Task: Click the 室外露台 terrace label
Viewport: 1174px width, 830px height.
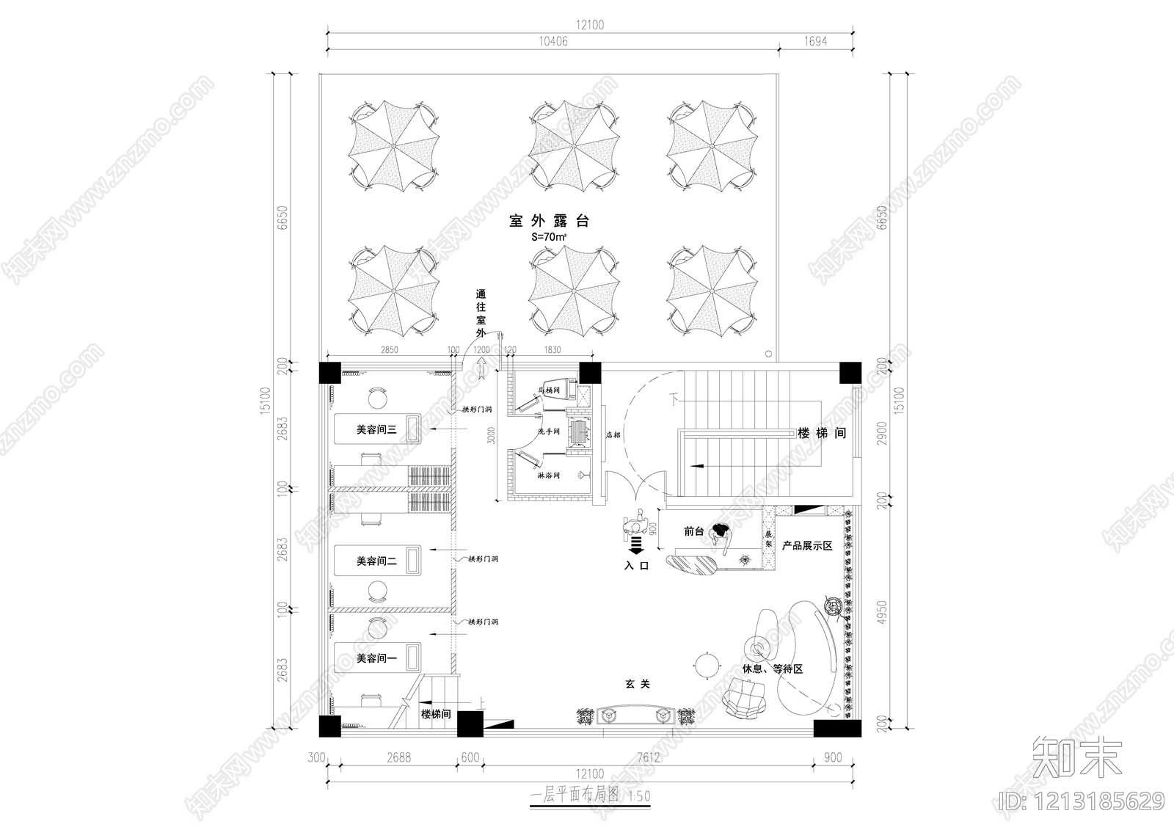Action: pyautogui.click(x=550, y=220)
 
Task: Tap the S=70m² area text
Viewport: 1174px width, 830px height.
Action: pyautogui.click(x=549, y=239)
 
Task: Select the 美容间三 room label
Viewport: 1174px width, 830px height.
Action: pyautogui.click(x=376, y=429)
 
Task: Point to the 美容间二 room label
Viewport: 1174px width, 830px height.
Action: pyautogui.click(x=376, y=561)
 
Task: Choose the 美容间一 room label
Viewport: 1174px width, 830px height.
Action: pyautogui.click(x=376, y=658)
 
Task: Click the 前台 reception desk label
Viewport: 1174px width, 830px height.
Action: pyautogui.click(x=693, y=531)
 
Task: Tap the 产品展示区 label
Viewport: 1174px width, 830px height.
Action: pyautogui.click(x=806, y=546)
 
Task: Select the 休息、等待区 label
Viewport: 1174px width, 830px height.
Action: pyautogui.click(x=773, y=669)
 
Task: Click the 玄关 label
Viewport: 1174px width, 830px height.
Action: pyautogui.click(x=638, y=683)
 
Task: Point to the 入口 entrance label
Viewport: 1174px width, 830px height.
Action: pyautogui.click(x=637, y=566)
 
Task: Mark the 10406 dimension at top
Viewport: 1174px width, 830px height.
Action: pyautogui.click(x=553, y=42)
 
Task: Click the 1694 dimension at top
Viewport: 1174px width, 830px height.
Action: pyautogui.click(x=815, y=42)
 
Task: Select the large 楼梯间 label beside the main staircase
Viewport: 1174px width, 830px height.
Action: pyautogui.click(x=822, y=434)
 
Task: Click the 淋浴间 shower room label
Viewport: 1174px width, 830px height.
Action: pyautogui.click(x=548, y=476)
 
